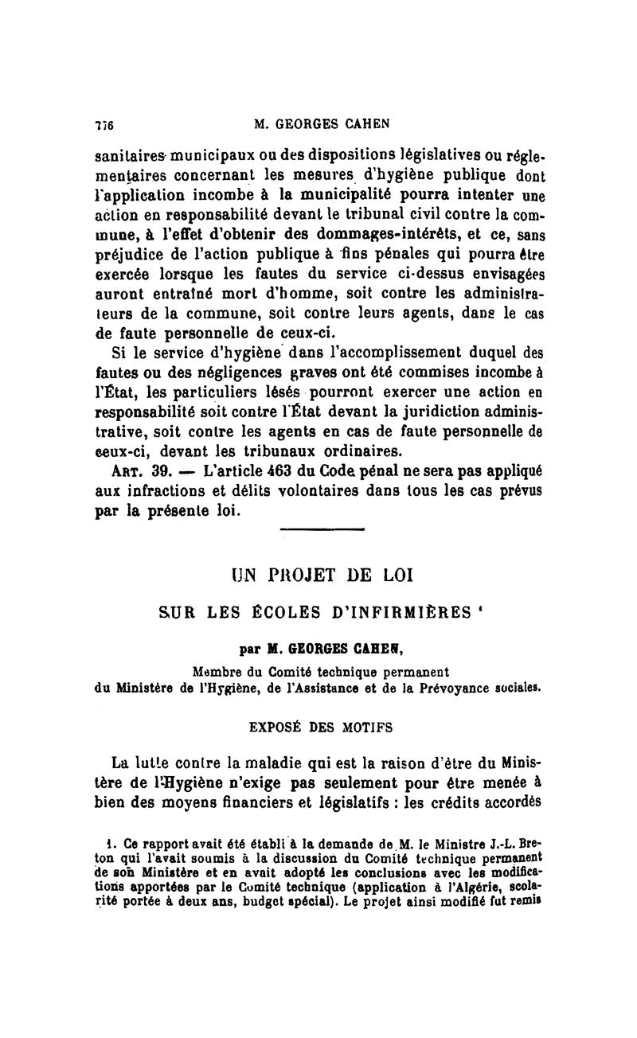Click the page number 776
(105, 124)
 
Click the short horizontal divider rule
(322, 529)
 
